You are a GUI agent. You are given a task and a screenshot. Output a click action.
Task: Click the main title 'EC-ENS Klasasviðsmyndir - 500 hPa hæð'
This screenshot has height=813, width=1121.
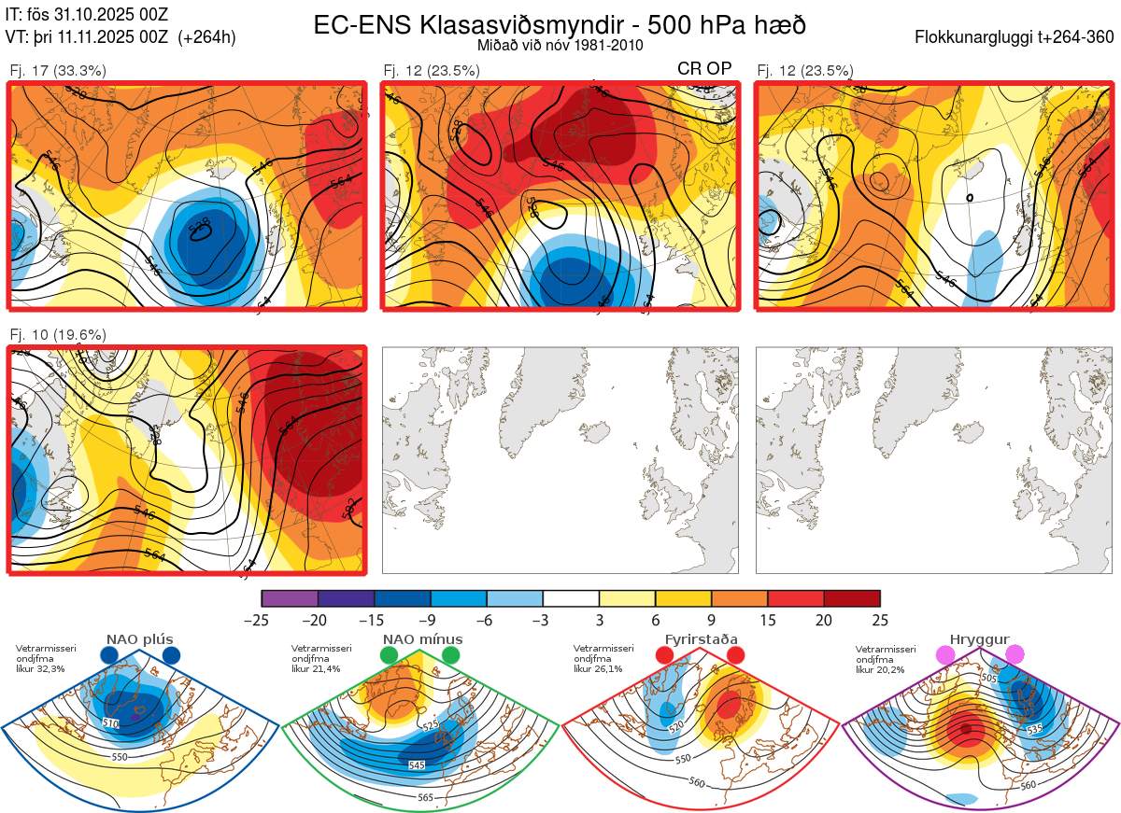coord(560,25)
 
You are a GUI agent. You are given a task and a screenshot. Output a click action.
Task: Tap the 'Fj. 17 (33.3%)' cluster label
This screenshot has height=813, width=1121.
coord(58,70)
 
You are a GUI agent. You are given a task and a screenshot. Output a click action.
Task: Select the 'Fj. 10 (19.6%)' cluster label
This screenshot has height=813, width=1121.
coord(58,334)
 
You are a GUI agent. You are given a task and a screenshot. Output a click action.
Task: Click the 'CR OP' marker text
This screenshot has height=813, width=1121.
coord(704,69)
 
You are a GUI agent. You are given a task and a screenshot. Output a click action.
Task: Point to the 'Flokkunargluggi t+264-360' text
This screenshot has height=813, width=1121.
coord(1017,37)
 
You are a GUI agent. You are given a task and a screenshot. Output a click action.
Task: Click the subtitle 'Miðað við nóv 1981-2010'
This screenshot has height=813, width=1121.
coord(560,45)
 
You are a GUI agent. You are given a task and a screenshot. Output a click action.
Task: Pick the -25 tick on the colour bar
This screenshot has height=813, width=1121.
coord(263,620)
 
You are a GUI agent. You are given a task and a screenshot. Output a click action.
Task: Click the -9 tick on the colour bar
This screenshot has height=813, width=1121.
coord(431,620)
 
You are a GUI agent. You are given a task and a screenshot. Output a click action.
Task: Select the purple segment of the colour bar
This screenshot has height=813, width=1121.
coord(290,598)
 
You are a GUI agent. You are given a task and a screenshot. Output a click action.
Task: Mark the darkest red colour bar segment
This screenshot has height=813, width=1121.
coord(852,598)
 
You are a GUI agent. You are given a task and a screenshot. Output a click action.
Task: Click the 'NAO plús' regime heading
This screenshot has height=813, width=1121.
coord(139,639)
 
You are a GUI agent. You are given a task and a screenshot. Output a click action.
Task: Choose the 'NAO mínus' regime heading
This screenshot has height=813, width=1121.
coord(422,639)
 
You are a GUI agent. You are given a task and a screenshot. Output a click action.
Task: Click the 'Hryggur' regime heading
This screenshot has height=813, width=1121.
coord(980,639)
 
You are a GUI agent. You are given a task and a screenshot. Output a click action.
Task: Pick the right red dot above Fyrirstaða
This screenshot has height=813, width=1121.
coord(735,656)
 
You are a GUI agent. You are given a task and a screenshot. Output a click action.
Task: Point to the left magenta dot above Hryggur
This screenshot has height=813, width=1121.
coord(946,656)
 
